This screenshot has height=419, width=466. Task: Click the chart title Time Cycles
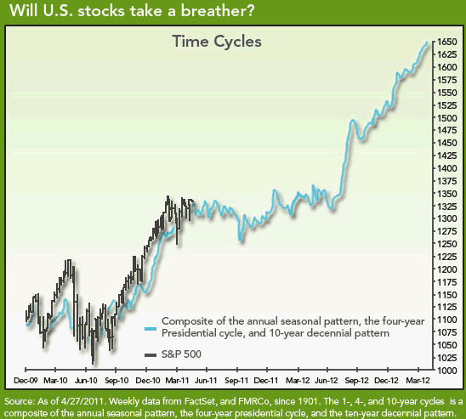tap(217, 42)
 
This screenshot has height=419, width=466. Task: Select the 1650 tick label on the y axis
tap(447, 42)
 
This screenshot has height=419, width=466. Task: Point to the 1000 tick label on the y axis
tap(447, 371)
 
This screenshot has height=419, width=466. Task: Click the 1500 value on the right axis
tap(447, 118)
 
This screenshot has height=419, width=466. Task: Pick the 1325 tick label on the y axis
tap(447, 206)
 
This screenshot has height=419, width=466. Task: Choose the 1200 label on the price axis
tap(447, 269)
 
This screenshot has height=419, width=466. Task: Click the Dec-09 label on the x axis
tap(26, 381)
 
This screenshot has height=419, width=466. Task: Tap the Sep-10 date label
tap(116, 381)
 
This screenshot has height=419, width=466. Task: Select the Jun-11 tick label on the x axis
tap(206, 381)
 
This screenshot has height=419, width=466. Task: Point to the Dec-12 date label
tap(386, 381)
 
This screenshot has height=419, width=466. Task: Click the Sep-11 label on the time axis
tap(236, 381)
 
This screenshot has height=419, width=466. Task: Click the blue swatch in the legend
tap(151, 329)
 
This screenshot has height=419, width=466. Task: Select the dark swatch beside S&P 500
tap(151, 355)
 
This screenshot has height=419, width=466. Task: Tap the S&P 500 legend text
tap(181, 354)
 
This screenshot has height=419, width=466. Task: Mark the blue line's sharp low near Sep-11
tap(240, 240)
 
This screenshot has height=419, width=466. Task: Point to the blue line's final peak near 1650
tap(428, 42)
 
